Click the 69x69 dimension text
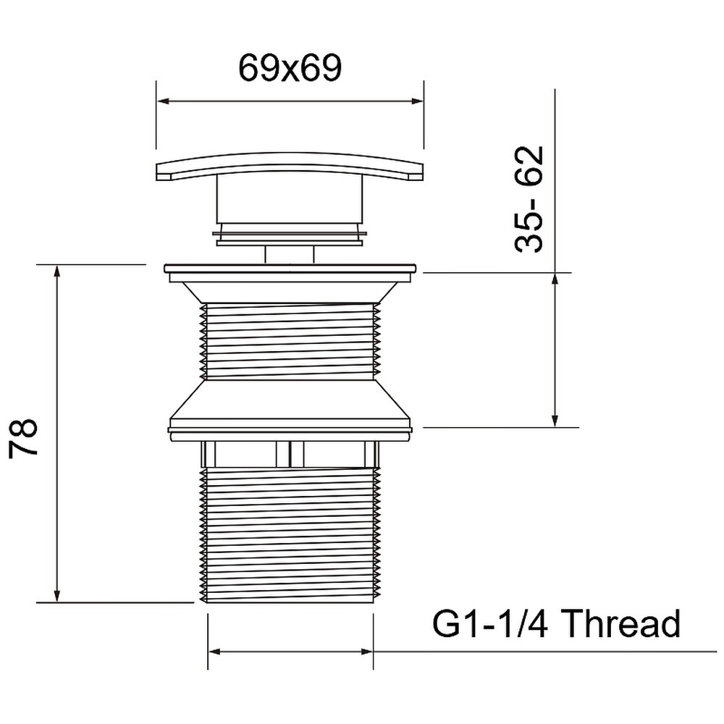pos(290,68)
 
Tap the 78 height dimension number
pos(23,437)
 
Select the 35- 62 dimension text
pos(529,200)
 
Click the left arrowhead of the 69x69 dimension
pos(163,101)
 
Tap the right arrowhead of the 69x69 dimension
pos(417,101)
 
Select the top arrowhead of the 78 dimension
pos(56,271)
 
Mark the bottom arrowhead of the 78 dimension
pos(56,596)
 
